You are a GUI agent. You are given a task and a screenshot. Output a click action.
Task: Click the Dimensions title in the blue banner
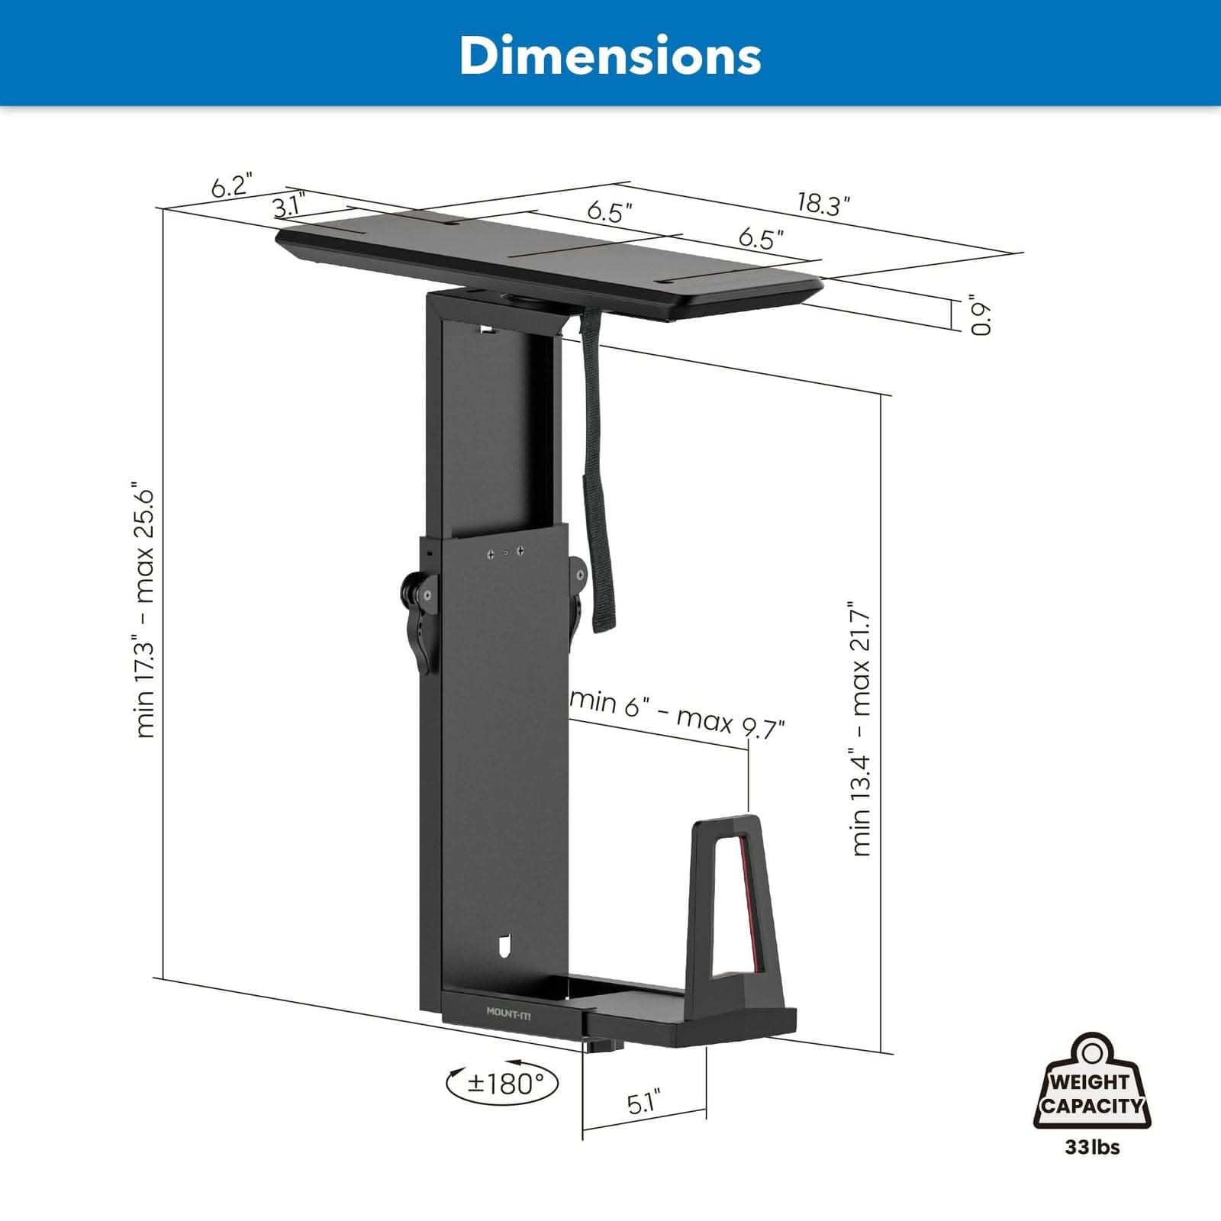point(610,55)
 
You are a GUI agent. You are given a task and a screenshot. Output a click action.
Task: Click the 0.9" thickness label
point(981,314)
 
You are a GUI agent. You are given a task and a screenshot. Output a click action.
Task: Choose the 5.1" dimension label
point(643,1103)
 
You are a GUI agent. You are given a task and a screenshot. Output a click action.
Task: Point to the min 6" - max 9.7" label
point(677,713)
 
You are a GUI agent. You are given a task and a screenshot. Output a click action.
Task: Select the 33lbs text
point(1093,1147)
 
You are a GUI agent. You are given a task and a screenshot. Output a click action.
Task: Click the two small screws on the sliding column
point(504,552)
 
